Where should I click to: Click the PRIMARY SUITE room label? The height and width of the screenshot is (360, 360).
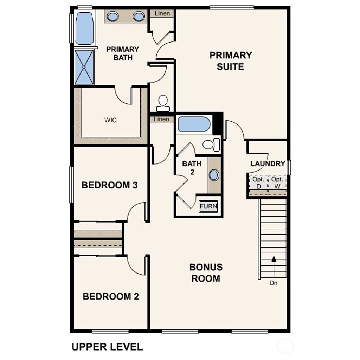click(x=231, y=61)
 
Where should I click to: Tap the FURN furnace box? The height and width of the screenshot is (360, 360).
click(x=208, y=206)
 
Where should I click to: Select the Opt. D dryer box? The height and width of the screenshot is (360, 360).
click(x=259, y=183)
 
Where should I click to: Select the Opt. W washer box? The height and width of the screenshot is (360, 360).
click(x=277, y=183)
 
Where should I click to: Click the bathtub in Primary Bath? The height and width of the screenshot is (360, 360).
click(x=84, y=28)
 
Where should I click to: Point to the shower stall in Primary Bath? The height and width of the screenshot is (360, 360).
click(x=84, y=67)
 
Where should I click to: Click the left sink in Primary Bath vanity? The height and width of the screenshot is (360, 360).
click(x=112, y=16)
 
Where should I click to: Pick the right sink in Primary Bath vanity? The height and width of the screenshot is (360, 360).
click(x=139, y=16)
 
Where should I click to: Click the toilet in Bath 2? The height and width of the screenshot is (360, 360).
click(x=211, y=144)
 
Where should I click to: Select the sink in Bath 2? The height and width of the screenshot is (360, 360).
click(x=214, y=175)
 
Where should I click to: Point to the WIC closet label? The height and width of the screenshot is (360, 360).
click(x=110, y=120)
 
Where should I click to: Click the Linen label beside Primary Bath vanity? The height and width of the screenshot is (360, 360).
click(x=162, y=14)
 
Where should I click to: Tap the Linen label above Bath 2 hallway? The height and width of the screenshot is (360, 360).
click(x=161, y=120)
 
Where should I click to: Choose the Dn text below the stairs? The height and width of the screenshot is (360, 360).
click(x=274, y=283)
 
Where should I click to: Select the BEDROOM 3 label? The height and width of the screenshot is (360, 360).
click(x=109, y=185)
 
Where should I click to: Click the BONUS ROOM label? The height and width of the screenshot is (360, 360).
click(x=206, y=272)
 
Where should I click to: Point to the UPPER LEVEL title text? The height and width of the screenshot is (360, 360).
click(x=107, y=347)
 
